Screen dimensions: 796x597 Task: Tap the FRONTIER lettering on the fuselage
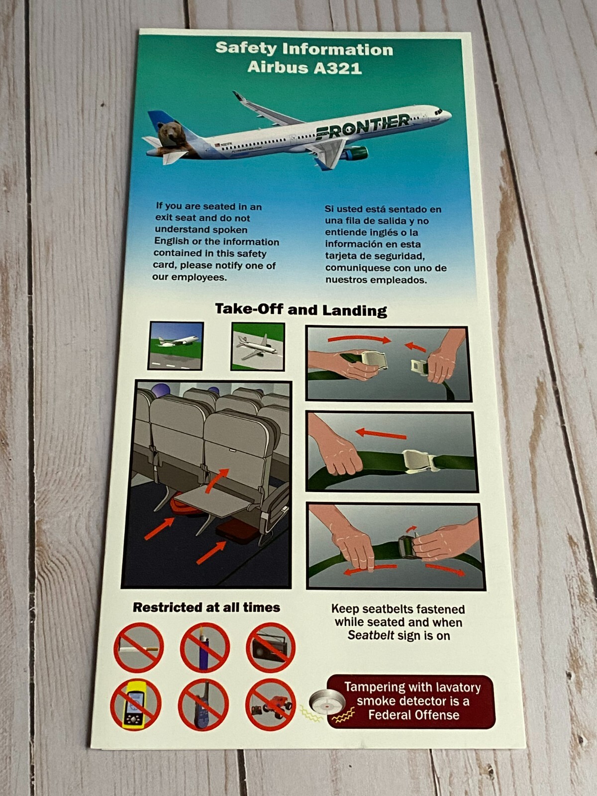363,126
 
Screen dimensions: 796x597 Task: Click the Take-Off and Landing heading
301,309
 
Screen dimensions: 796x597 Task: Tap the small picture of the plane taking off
176,345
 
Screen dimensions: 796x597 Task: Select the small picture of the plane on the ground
258,346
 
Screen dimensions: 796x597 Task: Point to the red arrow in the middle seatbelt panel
382,434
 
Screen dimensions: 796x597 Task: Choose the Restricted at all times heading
206,607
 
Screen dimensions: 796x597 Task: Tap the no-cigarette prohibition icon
139,647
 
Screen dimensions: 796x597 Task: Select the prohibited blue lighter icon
204,647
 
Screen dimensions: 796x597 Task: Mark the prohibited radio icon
271,647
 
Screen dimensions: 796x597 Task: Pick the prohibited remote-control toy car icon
270,705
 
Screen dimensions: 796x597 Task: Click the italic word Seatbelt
371,635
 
